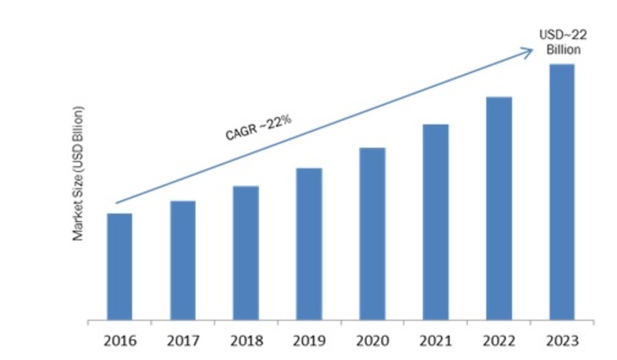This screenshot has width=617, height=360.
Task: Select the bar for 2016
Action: pos(120,266)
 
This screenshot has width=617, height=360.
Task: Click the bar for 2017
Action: pos(183,260)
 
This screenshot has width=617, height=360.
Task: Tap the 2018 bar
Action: pos(246,252)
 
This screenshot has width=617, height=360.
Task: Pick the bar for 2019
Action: pos(309,244)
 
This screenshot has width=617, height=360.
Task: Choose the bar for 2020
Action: pos(373,234)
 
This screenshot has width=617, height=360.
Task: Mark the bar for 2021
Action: pos(436,222)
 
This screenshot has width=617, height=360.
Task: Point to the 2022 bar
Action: pos(499,208)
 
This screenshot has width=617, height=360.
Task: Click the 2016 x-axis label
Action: pos(120,340)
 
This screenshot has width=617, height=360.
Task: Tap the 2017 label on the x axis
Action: pos(183,340)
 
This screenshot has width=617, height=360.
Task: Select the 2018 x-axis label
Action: pos(246,340)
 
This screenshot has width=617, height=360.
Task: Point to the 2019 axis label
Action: pos(309,340)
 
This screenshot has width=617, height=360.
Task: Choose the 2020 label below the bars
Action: pos(373,340)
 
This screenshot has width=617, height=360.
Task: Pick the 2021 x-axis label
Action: pos(436,340)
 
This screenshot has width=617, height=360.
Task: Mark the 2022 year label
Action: pos(499,340)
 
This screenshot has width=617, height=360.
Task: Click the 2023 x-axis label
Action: pos(561,340)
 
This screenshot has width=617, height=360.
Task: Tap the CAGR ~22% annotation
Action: pos(258,127)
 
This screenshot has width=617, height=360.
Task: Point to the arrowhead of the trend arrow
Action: pos(529,51)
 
